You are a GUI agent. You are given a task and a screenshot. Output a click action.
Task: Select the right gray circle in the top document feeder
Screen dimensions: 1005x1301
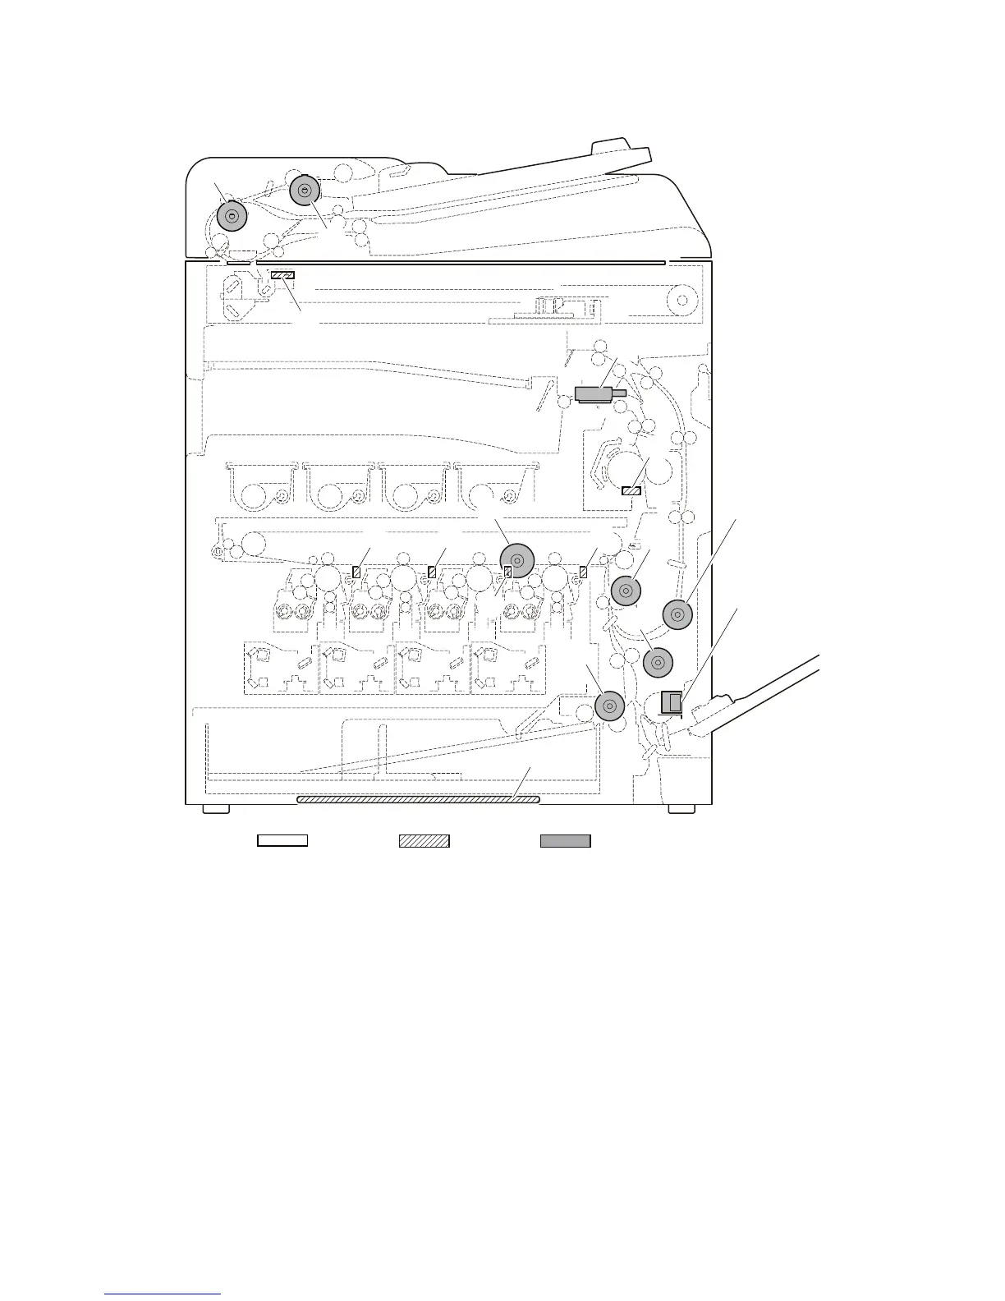point(305,191)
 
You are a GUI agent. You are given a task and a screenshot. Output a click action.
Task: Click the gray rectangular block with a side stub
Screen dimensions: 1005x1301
point(597,395)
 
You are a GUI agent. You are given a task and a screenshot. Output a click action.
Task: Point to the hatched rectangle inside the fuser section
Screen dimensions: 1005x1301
point(631,490)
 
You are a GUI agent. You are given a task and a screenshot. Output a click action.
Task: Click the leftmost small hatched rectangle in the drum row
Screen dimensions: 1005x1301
point(356,571)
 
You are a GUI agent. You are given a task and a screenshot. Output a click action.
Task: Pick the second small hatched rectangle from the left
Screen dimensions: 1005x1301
point(431,571)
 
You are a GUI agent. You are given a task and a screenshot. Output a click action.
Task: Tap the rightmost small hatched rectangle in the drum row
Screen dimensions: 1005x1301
point(583,571)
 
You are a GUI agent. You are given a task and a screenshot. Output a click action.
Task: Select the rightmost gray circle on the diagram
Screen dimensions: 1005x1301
point(677,614)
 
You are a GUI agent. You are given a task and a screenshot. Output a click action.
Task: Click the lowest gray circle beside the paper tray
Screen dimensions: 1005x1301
point(609,706)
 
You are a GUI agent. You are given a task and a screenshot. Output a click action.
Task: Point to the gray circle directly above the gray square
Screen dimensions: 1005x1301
point(658,663)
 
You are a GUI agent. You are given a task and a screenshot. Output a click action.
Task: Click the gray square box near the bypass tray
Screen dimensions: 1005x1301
point(672,702)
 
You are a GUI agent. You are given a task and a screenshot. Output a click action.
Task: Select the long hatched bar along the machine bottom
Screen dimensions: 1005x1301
point(418,798)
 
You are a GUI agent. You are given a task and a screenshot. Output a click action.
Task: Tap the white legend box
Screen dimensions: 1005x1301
point(282,840)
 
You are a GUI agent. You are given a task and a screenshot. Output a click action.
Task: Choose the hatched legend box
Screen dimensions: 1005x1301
point(424,840)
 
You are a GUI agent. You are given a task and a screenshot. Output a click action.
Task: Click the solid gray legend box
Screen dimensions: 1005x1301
point(565,840)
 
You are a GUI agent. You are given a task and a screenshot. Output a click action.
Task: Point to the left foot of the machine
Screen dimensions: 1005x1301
point(216,809)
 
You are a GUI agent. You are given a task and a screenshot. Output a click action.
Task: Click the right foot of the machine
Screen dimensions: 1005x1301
point(681,809)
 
